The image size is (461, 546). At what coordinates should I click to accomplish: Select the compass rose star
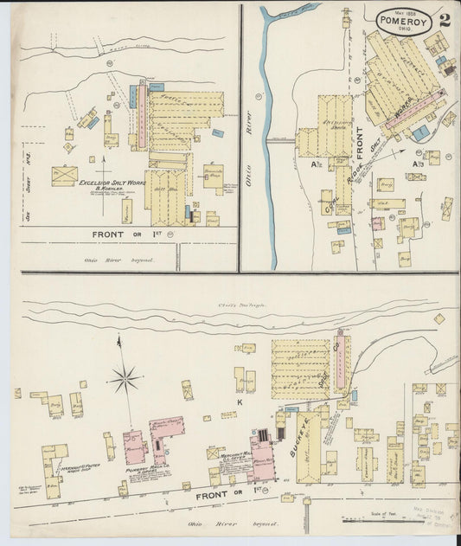click(x=125, y=377)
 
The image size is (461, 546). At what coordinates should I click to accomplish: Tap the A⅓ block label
click(x=418, y=163)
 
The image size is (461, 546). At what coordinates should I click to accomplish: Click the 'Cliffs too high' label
click(x=234, y=307)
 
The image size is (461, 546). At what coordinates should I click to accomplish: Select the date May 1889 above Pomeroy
click(x=404, y=12)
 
